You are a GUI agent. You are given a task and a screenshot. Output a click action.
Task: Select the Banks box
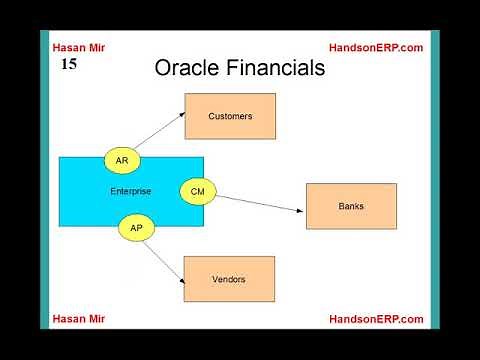[351, 207]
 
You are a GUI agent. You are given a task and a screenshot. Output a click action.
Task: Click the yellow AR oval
[122, 160]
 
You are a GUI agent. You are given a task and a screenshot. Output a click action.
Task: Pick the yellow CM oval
[197, 190]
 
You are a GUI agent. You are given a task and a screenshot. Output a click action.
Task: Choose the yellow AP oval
[136, 228]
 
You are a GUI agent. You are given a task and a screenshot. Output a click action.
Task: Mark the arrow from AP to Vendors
[162, 263]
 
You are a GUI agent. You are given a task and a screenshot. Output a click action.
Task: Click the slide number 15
[69, 63]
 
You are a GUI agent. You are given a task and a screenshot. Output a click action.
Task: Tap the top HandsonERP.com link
[376, 47]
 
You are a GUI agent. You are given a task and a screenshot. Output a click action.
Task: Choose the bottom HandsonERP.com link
[376, 319]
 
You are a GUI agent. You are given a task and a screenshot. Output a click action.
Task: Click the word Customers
[230, 116]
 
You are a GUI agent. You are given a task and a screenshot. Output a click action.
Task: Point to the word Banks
[351, 207]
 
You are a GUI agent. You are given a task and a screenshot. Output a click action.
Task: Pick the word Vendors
[229, 279]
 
